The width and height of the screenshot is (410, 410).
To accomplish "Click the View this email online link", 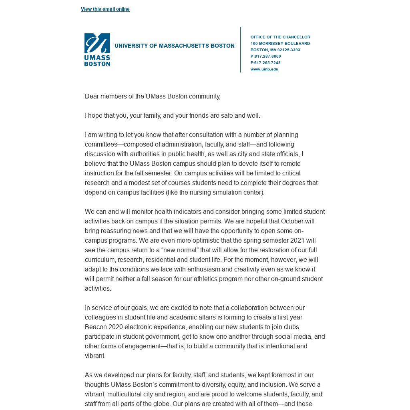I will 105,9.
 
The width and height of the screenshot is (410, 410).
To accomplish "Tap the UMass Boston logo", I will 97,50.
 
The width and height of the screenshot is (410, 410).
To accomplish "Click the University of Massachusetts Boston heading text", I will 174,46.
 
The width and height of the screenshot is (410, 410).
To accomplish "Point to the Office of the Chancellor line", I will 280,37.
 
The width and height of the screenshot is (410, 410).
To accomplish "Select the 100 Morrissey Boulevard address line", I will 280,44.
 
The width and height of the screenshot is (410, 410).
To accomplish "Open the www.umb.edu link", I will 264,69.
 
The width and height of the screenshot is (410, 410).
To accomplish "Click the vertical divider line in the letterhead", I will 241,50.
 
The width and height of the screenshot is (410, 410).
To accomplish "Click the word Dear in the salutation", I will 92,96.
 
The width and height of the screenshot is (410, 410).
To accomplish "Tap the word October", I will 292,221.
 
